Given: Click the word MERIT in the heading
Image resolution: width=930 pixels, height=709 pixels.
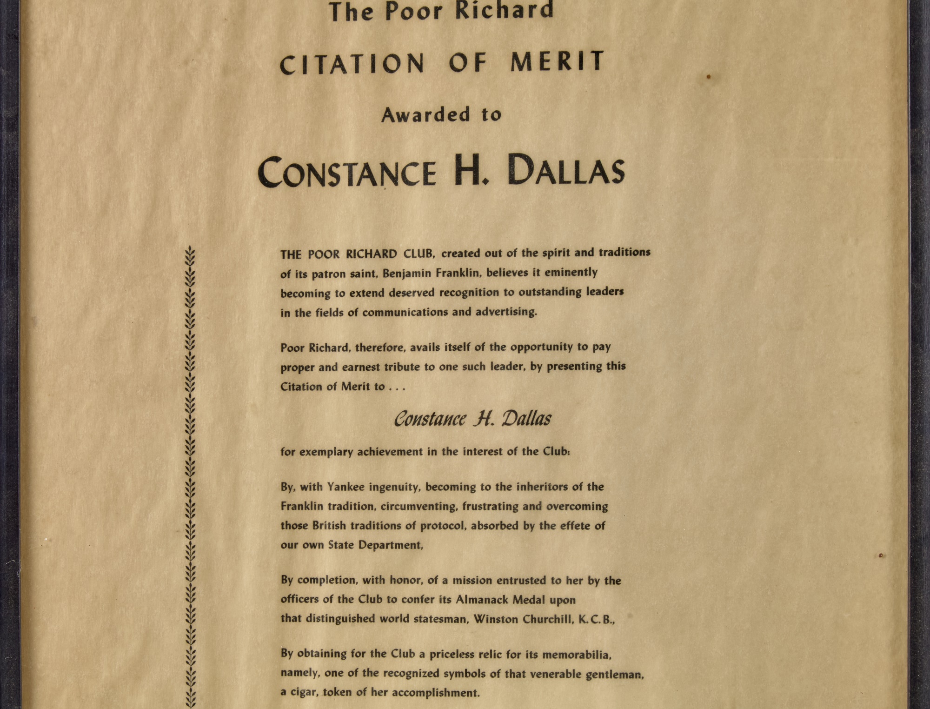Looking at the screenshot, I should pos(557,62).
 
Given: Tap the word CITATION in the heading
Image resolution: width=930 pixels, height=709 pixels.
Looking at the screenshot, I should pos(352,65).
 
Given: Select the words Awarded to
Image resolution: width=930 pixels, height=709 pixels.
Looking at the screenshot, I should pos(441,114).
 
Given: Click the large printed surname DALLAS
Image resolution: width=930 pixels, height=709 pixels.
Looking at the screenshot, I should pos(566,170).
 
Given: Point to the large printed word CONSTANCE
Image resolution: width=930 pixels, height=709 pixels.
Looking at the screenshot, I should pos(347,173).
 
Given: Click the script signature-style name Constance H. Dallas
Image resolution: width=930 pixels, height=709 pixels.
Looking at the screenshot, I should pos(472,419).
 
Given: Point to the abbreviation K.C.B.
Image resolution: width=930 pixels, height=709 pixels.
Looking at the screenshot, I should pos(596,620).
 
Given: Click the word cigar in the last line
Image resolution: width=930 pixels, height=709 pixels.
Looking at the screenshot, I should pos(302,693).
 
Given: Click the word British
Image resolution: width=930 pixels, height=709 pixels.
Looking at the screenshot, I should pos(329,526).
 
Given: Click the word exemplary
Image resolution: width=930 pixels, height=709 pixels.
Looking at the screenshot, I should pos(326,452).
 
